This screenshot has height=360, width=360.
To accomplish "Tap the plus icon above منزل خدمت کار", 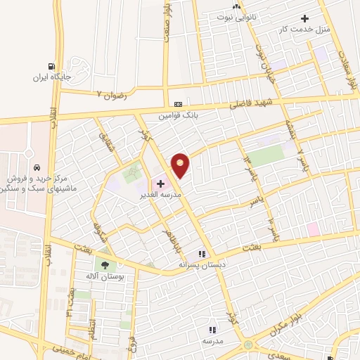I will click(304, 18).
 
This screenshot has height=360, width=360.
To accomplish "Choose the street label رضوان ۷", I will click(110, 92).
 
